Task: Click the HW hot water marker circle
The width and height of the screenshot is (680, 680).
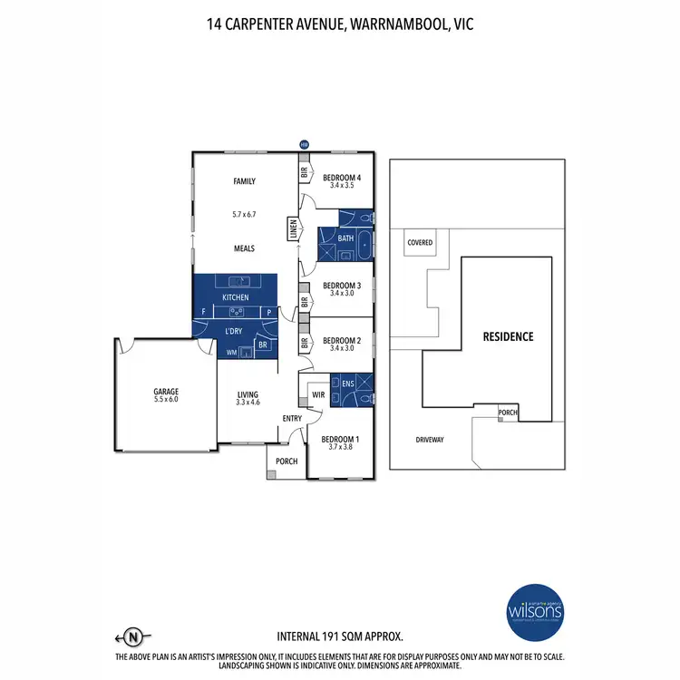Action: pos(305,144)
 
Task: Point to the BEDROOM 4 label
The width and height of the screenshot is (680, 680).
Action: pos(343,177)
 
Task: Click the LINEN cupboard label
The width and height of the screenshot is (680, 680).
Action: pos(293,231)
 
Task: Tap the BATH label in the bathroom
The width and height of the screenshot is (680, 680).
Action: pos(345,238)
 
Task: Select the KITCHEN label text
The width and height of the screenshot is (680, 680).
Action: pos(235,297)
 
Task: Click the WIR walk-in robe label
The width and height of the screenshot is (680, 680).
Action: pos(317,395)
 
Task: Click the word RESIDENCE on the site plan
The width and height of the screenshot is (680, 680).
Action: pos(508,336)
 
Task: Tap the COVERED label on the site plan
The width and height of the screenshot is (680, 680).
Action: pos(420,243)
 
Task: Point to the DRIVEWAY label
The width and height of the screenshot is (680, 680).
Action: pos(429,439)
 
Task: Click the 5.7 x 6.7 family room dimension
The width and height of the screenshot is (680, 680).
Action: pos(245,214)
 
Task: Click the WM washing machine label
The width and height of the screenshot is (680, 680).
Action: pos(231,352)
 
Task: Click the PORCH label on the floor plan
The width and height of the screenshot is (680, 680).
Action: pos(287,461)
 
